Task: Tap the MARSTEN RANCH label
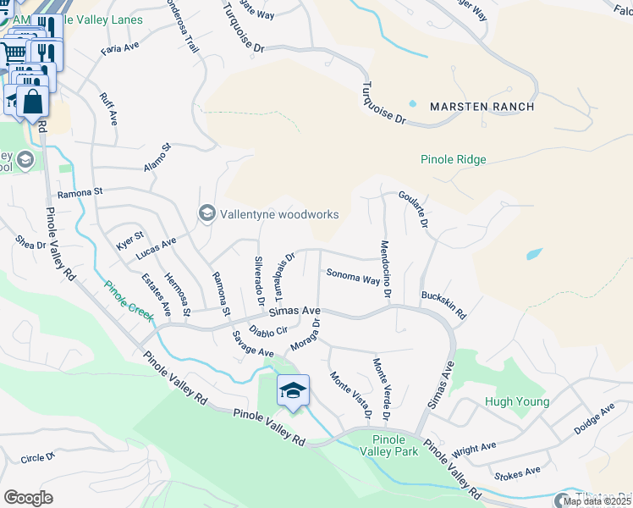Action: [x=482, y=107]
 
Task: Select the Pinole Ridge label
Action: [x=453, y=159]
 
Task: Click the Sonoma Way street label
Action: [x=353, y=277]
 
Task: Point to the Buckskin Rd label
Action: [x=444, y=306]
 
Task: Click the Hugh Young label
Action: [x=517, y=402]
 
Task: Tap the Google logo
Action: [x=28, y=497]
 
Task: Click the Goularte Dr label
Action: [x=421, y=209]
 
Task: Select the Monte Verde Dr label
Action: [x=381, y=389]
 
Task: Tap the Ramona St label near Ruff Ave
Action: [x=80, y=192]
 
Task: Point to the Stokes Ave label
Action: [x=516, y=472]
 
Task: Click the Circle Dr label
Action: [x=37, y=458]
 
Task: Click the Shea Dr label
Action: [x=30, y=244]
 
